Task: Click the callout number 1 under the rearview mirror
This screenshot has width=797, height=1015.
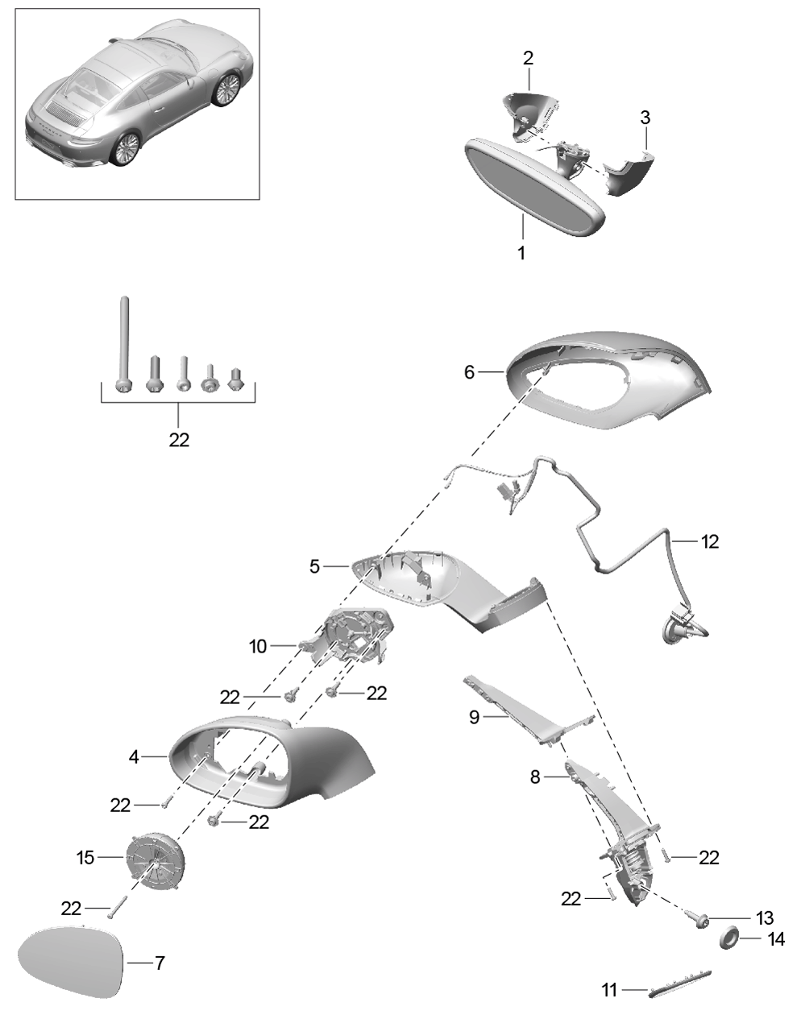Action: [521, 253]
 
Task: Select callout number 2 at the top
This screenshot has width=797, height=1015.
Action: [528, 58]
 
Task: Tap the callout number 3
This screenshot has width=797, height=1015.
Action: [645, 117]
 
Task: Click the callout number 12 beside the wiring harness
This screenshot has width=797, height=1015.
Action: [708, 541]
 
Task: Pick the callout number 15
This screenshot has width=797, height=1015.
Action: [86, 859]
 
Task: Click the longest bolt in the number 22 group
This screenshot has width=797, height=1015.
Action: [122, 342]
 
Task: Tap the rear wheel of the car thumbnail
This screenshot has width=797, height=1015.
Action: [125, 150]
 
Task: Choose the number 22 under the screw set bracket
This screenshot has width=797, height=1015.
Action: [179, 440]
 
